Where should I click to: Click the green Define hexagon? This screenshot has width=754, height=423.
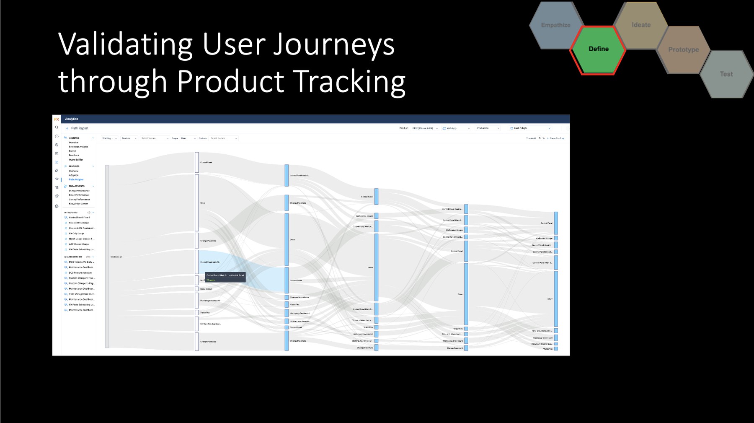[x=598, y=49]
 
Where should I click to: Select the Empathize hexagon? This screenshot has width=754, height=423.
[x=555, y=25]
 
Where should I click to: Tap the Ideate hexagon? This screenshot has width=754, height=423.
[x=641, y=25]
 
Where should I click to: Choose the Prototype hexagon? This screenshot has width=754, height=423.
[x=683, y=49]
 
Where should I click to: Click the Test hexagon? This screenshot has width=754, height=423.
[x=726, y=74]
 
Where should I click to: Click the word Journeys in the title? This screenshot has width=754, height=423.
[x=333, y=44]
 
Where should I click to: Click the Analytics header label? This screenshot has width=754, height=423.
[x=72, y=119]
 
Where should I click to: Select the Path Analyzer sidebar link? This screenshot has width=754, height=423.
[x=76, y=179]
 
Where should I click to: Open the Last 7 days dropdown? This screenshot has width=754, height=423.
[x=529, y=128]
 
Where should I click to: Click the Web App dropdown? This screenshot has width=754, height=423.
[x=456, y=128]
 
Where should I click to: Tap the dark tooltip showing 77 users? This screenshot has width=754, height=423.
[x=225, y=277]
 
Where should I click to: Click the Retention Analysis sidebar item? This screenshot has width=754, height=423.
[x=78, y=147]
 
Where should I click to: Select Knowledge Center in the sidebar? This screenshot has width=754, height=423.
[x=78, y=204]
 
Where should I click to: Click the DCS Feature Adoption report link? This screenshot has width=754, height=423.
[x=80, y=272]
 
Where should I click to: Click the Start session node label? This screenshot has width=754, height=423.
[x=116, y=257]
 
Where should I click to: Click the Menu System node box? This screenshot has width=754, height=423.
[x=197, y=289]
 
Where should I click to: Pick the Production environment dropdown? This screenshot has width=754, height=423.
[x=488, y=128]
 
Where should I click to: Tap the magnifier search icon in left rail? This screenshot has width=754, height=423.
[x=57, y=127]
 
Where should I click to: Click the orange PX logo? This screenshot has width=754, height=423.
[x=57, y=119]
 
